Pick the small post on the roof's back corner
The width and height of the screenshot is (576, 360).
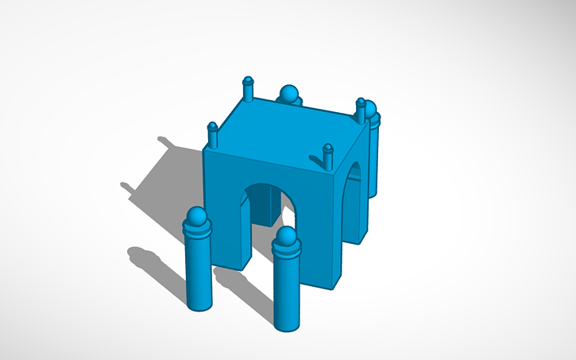[x=248, y=88]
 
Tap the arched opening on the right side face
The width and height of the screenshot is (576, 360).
[x=353, y=195]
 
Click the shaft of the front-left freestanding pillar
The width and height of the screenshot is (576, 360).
[x=199, y=270]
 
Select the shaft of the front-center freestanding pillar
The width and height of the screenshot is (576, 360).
[x=288, y=290]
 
